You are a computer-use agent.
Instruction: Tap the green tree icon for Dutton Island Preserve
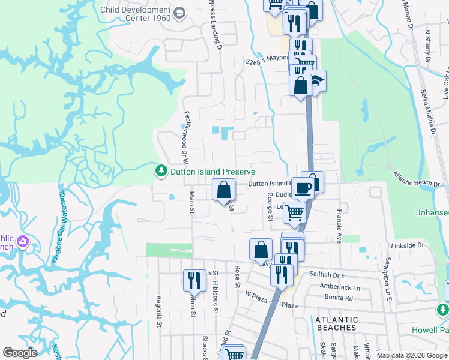coord(161,172)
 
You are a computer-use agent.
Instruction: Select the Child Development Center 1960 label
coord(136,14)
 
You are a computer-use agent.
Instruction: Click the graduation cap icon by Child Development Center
coord(179,13)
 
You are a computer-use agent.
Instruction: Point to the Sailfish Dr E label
coord(327,275)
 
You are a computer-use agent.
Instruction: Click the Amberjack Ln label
coord(339,288)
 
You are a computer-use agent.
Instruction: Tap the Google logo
coord(20,353)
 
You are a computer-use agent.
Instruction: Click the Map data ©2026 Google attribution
coord(412,356)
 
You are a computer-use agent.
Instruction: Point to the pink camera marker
coord(23,242)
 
